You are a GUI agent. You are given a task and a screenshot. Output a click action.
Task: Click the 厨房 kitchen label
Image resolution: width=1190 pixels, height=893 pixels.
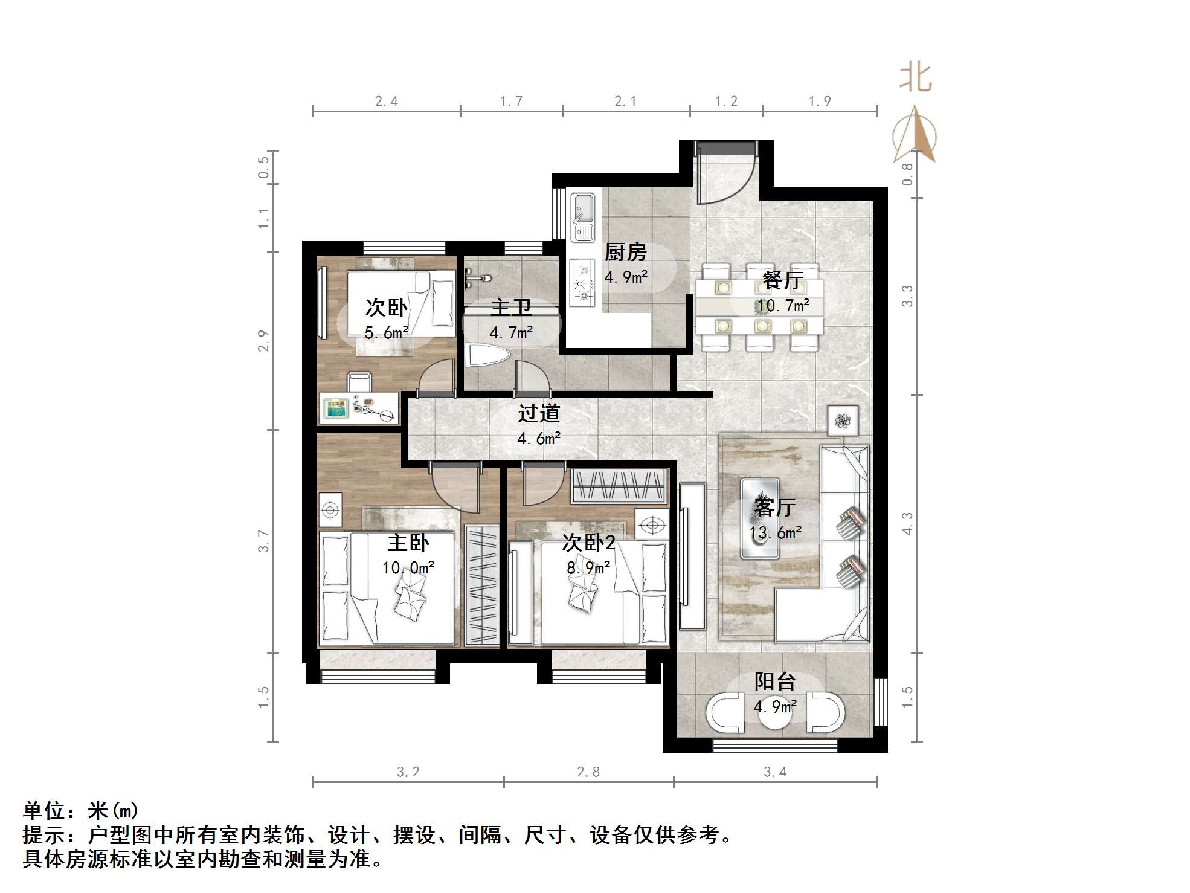pos(625,252)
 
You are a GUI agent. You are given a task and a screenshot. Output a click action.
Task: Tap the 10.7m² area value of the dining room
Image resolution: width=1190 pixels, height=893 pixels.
pos(783,306)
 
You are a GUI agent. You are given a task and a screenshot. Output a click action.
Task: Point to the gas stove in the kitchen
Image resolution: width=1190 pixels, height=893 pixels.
pos(584,281)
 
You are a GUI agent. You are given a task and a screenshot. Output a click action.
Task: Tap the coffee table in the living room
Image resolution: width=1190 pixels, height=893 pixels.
pos(760,518)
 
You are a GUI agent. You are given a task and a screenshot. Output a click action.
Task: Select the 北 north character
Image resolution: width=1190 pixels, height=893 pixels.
pos(915,79)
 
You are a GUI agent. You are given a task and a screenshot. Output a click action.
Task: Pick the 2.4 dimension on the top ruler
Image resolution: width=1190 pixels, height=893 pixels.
pos(386,101)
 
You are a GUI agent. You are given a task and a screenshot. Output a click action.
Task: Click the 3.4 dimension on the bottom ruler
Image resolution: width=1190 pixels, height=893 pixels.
pos(775,772)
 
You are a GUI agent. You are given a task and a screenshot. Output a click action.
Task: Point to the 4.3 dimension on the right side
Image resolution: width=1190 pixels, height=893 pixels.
pos(907,523)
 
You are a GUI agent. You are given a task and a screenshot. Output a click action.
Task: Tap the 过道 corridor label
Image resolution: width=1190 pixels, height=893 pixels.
pos(539,413)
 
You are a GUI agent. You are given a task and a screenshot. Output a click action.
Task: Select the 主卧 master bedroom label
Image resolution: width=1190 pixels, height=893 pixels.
pos(408,543)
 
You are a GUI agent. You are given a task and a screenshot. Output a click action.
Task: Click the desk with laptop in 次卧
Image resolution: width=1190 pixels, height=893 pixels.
pos(358,408)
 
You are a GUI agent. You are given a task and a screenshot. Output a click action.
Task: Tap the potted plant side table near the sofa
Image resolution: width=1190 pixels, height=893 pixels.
pos(842,419)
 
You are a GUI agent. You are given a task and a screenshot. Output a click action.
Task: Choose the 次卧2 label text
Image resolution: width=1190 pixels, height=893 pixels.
pos(588,543)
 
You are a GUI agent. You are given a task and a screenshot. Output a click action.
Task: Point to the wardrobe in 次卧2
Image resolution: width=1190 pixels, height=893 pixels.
pos(619,486)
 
